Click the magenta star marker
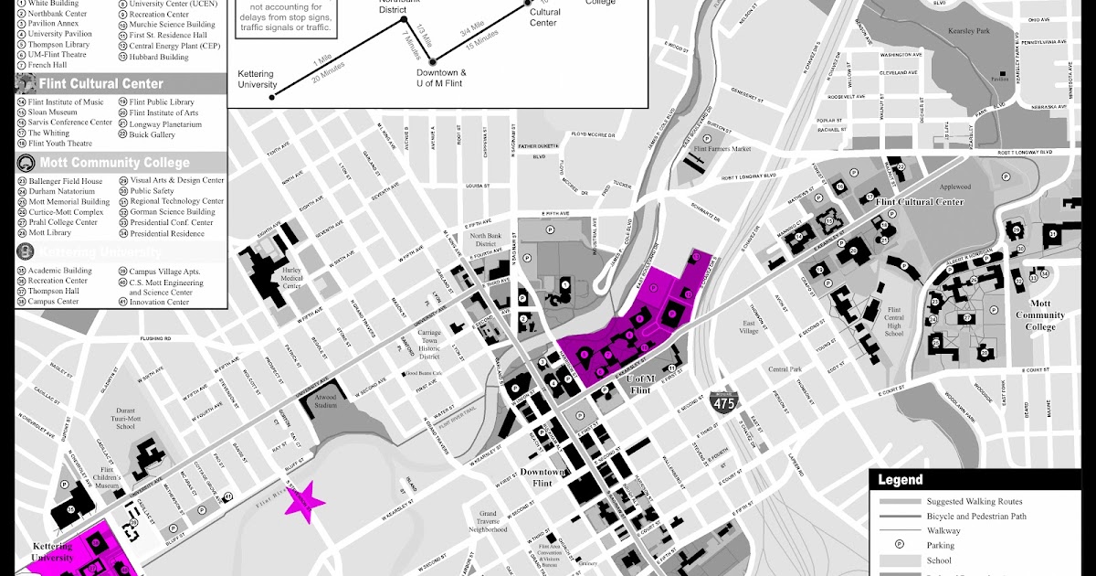tap(302, 501)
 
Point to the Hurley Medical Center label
tap(291, 279)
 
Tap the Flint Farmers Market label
tap(722, 148)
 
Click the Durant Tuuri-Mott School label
tap(127, 419)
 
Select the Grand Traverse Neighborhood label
tap(487, 521)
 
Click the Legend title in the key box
tap(901, 479)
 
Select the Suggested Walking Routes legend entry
tap(975, 501)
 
